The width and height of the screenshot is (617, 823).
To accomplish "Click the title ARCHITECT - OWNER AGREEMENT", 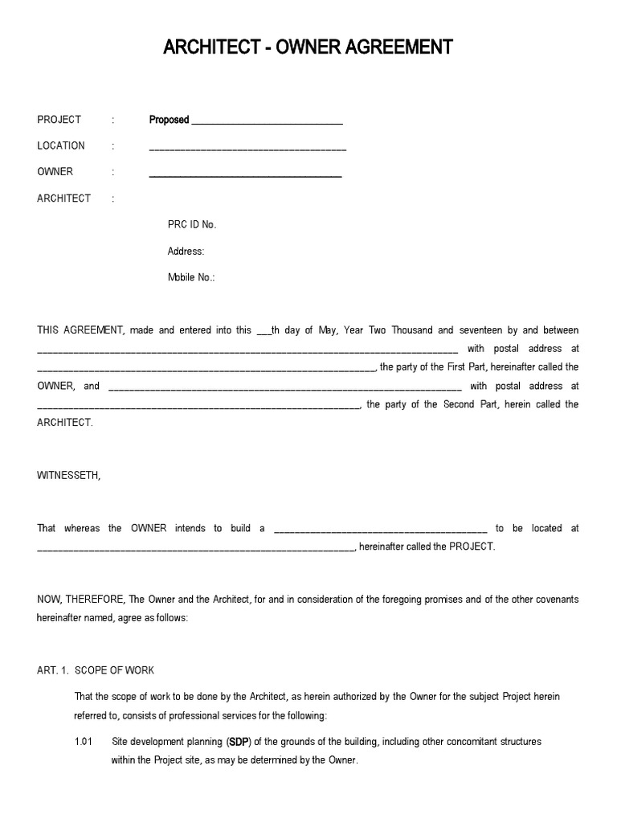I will pos(308,48).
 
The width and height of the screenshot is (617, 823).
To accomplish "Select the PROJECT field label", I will pos(59,120).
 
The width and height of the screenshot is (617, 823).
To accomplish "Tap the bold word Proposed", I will pos(169,120).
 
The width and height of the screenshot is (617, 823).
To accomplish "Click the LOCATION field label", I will pos(60,145).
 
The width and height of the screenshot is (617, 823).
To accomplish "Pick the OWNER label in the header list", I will pos(55,172).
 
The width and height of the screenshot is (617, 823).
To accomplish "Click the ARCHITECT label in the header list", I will pos(63,199).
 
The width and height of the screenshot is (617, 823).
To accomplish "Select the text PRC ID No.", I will pos(191,225).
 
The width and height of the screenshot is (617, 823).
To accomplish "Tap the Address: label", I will pos(186,252).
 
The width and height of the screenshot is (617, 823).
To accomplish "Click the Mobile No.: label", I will pos(190,277).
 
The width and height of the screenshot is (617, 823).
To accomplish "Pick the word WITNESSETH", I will pos(69,476).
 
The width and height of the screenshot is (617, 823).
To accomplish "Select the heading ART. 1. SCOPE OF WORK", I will pos(96,670).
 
